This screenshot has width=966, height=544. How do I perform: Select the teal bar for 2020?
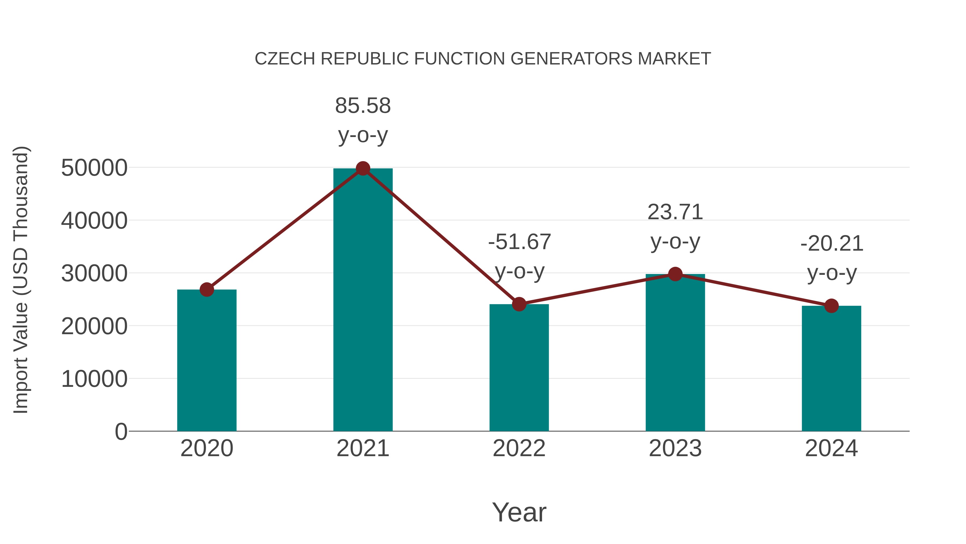click(x=207, y=361)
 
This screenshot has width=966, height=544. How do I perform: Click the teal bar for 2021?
click(x=363, y=300)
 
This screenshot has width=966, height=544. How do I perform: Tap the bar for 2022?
click(x=519, y=368)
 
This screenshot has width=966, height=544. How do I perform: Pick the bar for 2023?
click(x=675, y=353)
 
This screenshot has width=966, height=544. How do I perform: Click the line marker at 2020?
click(x=207, y=289)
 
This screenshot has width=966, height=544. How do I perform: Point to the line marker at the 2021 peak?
click(x=363, y=168)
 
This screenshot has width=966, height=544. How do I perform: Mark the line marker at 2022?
click(x=519, y=304)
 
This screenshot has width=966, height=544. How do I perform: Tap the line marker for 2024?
click(x=831, y=306)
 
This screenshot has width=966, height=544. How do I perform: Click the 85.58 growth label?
click(x=363, y=106)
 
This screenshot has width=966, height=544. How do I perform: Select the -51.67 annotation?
click(x=519, y=242)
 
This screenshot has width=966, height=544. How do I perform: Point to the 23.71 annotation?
click(x=675, y=212)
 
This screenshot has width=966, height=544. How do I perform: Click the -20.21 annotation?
click(x=831, y=244)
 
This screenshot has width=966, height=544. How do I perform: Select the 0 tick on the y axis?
click(x=121, y=431)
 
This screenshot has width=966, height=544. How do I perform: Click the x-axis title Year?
click(x=519, y=512)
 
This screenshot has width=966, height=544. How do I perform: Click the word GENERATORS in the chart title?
click(x=572, y=59)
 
